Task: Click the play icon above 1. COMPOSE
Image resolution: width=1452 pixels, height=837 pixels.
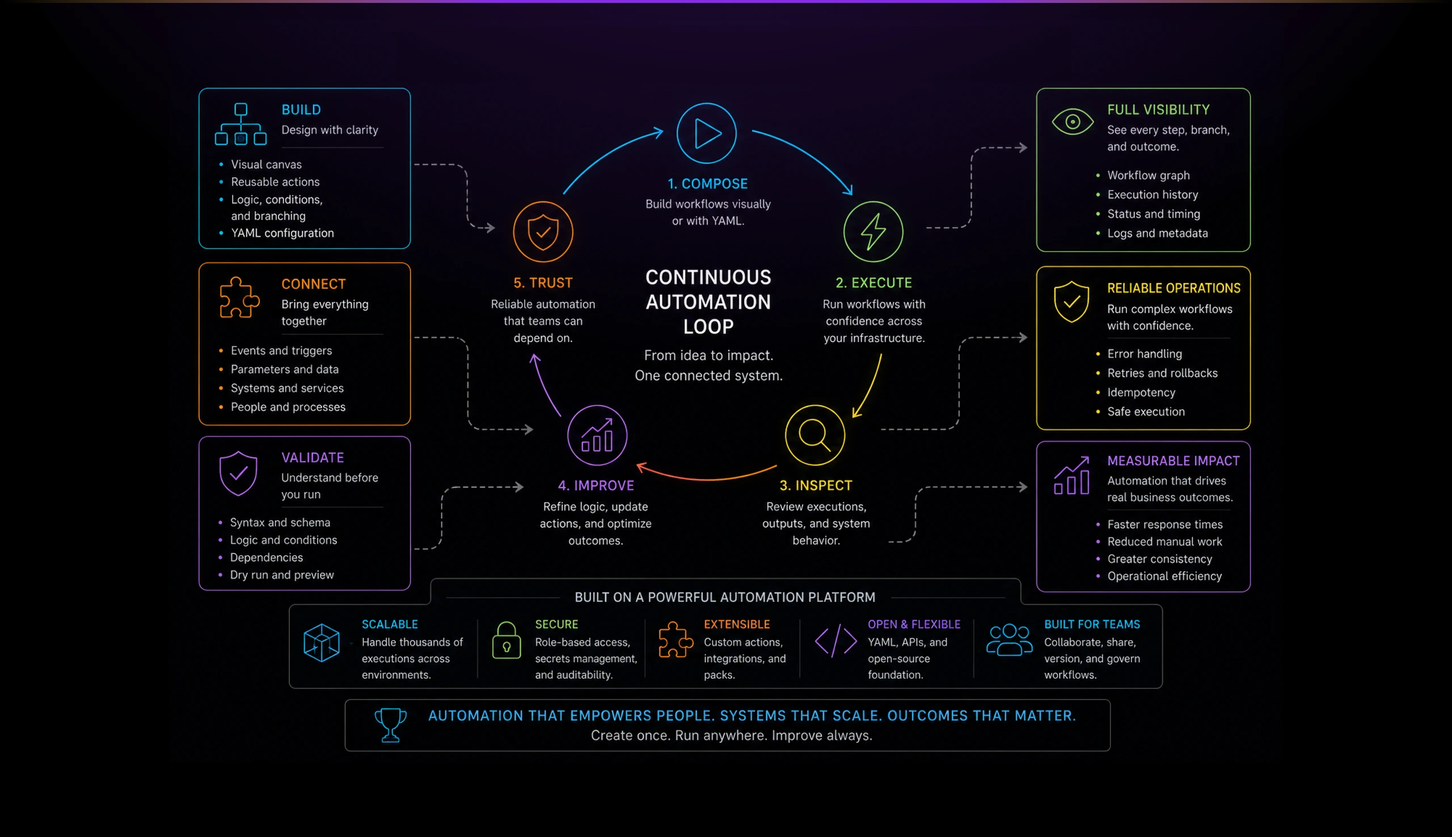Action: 707,133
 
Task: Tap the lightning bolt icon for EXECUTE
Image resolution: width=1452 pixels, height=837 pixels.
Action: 873,232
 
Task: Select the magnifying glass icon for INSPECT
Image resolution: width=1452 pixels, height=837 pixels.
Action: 815,435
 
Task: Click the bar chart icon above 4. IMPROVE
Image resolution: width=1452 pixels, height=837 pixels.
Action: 597,435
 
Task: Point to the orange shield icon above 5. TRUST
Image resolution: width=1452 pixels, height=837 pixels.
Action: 543,232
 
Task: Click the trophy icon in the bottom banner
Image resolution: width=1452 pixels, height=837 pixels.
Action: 390,724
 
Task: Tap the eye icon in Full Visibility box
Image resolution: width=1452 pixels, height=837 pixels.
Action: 1072,122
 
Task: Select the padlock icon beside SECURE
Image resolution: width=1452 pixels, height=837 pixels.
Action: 506,641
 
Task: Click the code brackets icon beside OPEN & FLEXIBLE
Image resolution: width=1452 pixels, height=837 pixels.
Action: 835,641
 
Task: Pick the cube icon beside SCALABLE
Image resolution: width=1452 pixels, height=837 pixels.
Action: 322,642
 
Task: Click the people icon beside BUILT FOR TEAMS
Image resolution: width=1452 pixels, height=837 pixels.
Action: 1009,640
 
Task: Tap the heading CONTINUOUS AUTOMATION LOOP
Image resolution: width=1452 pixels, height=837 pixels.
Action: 708,302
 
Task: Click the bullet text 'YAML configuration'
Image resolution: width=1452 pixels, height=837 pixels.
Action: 282,233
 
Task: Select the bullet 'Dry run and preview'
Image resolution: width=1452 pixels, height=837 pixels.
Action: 281,575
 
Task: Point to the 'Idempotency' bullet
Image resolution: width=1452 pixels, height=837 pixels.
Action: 1141,393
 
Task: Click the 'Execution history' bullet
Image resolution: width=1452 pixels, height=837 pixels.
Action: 1153,195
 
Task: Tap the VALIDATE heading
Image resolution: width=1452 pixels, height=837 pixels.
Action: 313,457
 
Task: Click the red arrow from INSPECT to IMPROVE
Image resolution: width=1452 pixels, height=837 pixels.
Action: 707,478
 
